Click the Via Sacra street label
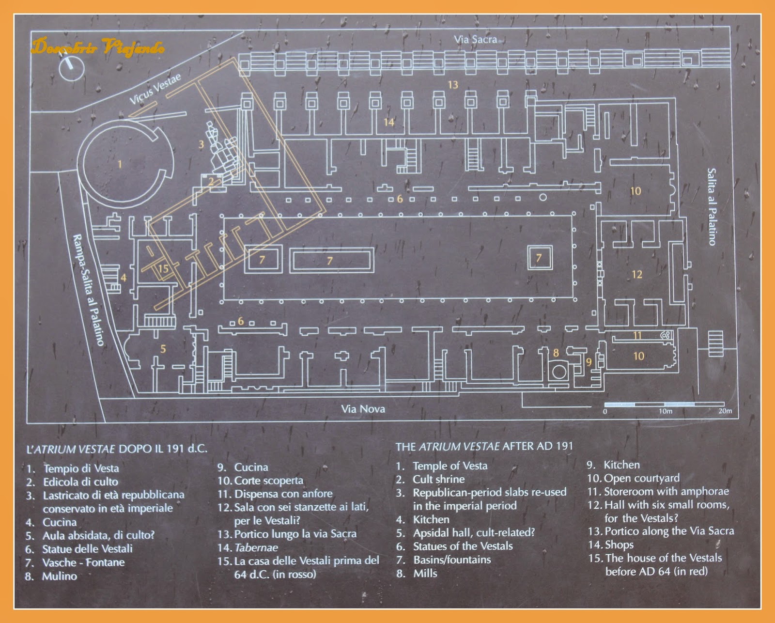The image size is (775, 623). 475,39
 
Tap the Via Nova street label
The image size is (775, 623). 363,409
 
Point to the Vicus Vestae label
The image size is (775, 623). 155,89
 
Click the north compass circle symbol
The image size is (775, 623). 72,67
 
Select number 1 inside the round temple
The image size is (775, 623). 120,164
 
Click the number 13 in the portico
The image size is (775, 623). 452,85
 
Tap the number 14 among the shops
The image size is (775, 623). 389,122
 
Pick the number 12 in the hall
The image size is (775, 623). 636,275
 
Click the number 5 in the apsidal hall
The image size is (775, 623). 163,349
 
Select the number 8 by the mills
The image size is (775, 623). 556,353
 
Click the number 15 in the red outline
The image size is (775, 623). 163,268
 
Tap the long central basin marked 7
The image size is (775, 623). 332,261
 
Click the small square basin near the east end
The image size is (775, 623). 539,258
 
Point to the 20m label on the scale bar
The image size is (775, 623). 725,411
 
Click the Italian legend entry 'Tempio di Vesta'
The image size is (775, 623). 81,468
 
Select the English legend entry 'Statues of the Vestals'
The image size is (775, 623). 463,546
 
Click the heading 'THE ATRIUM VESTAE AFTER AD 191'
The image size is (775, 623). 484,446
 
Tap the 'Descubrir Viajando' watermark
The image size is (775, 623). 98,47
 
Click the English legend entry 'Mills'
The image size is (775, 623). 425,573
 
